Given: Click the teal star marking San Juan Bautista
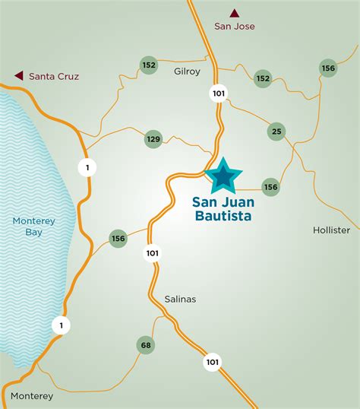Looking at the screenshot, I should coord(223,176).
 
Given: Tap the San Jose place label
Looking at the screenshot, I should coord(234,27).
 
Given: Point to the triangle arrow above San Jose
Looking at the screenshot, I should coord(235,12).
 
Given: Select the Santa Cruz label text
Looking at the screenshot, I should coord(54,76).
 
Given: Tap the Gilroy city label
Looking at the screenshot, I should coord(188,71).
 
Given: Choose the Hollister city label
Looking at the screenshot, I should coord(331,230).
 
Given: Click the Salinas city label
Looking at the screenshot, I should coord(180,299).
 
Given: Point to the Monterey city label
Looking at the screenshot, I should coord(32,396).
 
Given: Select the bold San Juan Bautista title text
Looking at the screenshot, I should coord(222,209).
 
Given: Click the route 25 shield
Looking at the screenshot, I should coord(276,132).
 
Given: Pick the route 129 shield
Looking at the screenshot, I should coord(153,139).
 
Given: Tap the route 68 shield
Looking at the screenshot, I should coord(146,345).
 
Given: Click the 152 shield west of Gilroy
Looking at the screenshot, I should coord(149,65).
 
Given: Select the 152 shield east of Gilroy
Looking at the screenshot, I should coord(263,78).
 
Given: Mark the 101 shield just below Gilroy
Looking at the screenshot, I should coord(218,93).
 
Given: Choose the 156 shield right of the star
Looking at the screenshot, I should coord(270,186).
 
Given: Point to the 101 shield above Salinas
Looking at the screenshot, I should coord(153,253).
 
